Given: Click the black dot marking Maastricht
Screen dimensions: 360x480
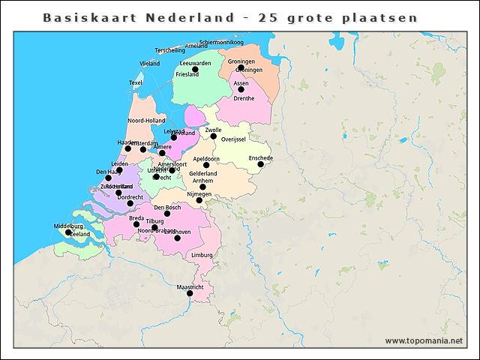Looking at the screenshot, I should click(190, 293).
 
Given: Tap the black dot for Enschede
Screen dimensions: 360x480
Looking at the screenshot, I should click(260, 164).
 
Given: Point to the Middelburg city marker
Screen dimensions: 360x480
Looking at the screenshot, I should click(68, 232).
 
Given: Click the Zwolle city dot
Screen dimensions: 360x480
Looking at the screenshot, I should click(213, 136).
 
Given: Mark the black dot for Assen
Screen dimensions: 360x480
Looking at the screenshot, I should click(241, 89).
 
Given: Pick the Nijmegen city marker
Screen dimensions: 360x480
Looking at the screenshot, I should click(199, 199).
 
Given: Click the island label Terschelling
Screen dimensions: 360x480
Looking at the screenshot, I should click(169, 50).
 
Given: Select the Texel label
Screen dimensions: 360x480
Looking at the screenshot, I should click(136, 83).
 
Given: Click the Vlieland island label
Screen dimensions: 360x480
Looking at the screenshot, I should click(150, 64).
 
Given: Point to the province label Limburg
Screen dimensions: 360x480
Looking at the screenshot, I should click(202, 255).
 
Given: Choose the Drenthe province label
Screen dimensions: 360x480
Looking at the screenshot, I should click(244, 98).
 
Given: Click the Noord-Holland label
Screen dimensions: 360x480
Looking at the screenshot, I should click(146, 121).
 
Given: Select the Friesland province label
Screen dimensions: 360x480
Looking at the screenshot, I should click(187, 75).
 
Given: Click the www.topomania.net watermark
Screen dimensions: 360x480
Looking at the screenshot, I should click(424, 340).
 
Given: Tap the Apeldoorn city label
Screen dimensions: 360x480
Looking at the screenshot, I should click(206, 159).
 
